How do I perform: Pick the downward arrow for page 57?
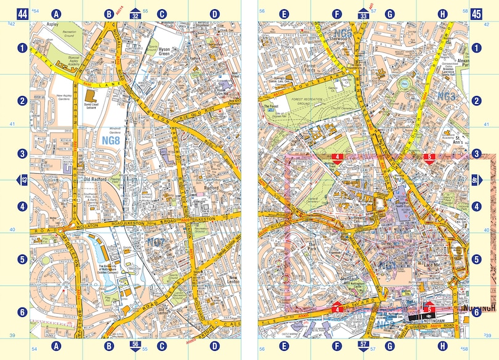coord(363,345)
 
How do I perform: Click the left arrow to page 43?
coord(23,179)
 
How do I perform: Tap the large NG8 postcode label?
coord(108,141)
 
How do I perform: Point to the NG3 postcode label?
coord(446,97)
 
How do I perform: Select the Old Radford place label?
coord(95,180)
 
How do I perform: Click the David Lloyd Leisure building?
coord(91,97)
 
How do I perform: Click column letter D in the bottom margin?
coord(214,345)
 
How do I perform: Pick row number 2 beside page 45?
coord(476,100)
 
